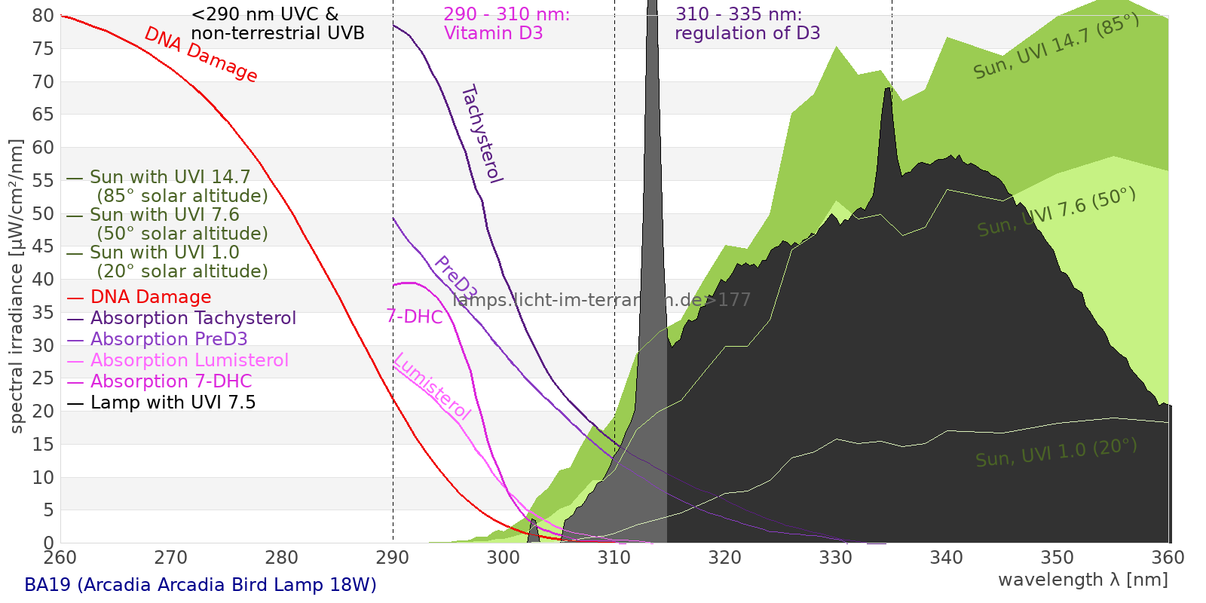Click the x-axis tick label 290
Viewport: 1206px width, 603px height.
392,558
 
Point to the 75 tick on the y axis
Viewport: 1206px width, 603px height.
44,49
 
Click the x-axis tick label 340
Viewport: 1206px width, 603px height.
946,558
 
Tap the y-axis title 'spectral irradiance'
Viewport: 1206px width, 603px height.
17,286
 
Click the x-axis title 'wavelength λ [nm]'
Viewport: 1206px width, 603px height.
1082,580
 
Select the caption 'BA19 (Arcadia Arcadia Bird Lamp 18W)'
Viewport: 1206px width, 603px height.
200,585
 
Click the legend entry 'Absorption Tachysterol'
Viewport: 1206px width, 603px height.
193,318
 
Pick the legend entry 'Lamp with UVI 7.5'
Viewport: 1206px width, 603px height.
173,403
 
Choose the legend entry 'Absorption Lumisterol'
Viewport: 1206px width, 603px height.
189,360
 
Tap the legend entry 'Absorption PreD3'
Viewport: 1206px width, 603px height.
169,339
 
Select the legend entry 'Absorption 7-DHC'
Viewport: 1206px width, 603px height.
171,381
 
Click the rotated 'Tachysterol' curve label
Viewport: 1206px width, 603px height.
481,134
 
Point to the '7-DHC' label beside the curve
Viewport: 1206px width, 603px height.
415,317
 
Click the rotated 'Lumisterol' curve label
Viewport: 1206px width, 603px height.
432,386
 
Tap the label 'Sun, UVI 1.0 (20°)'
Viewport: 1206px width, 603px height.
1056,453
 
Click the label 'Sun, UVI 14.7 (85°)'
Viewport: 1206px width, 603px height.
1056,46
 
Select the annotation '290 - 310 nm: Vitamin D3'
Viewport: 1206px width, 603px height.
507,24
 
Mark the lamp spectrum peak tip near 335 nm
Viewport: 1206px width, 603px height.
889,89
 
